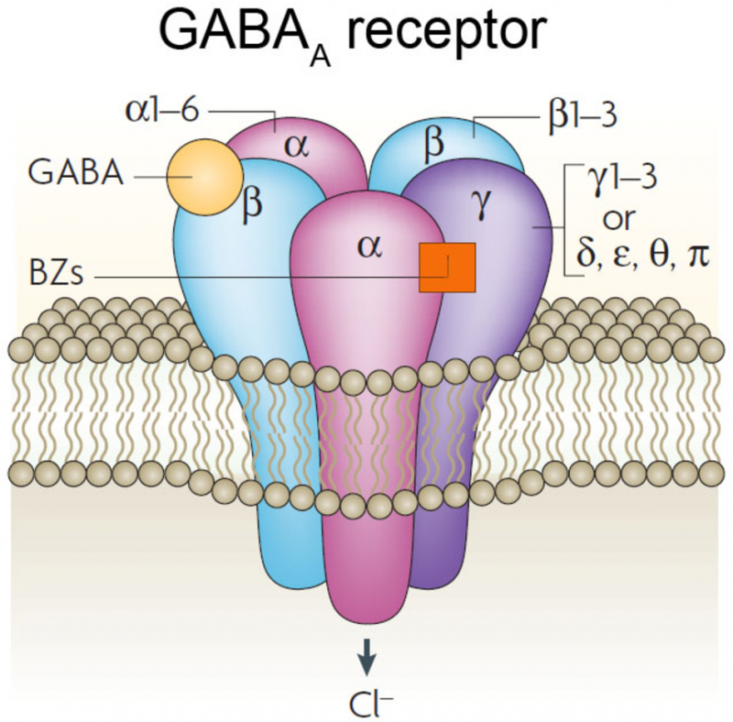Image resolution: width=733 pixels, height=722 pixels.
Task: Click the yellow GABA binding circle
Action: point(204,176)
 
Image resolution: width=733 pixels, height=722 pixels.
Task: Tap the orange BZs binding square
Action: point(447,268)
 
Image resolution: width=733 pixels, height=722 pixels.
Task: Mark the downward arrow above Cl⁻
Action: point(366,652)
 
